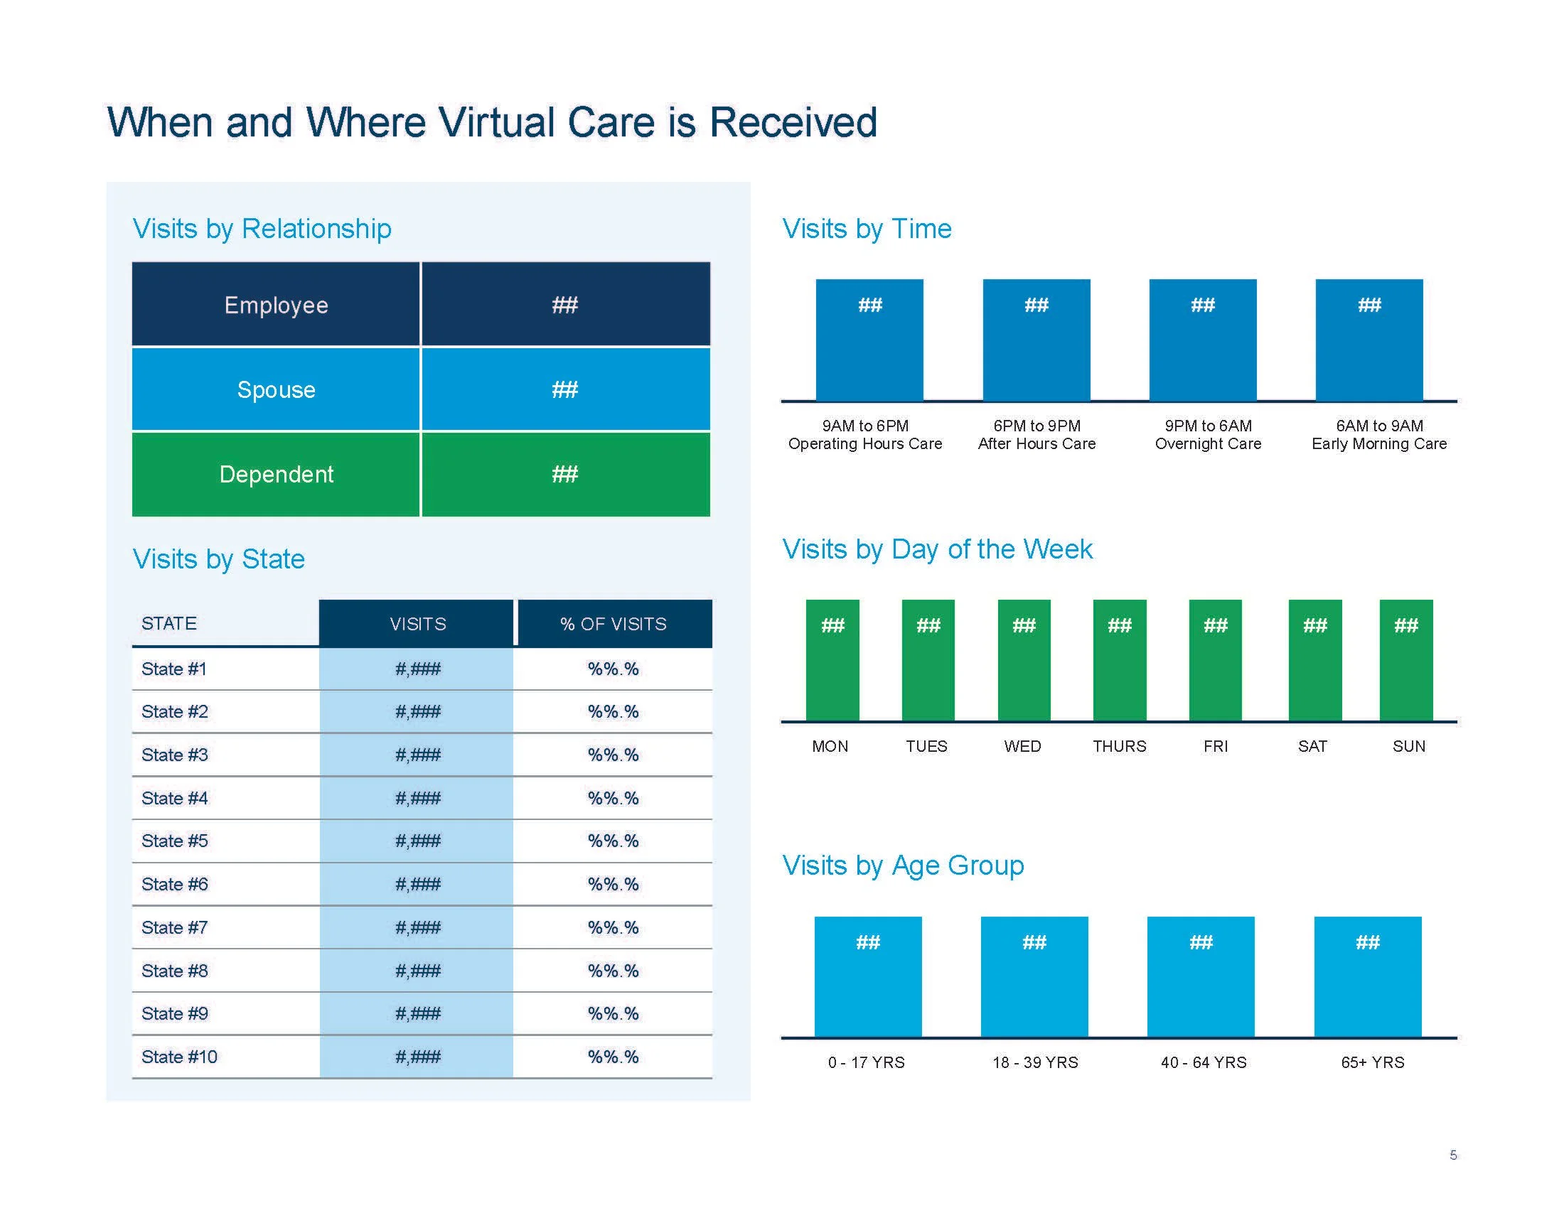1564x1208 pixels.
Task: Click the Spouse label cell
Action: pos(276,389)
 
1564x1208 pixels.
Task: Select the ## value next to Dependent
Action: pos(565,474)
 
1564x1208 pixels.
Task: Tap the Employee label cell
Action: pos(276,305)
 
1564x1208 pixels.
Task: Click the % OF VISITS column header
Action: pos(614,623)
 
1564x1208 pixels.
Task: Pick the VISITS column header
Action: pos(417,623)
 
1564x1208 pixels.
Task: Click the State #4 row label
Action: pos(175,798)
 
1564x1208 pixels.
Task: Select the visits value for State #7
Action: pos(417,927)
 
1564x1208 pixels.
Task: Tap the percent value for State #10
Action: pos(613,1056)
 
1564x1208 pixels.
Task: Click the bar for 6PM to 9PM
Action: pos(1037,340)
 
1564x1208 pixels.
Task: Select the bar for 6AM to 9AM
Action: pos(1369,340)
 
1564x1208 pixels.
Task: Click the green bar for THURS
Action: pos(1119,660)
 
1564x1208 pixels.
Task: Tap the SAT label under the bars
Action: pos(1312,746)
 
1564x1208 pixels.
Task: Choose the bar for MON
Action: pos(832,660)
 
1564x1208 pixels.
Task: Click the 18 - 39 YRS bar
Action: pos(1034,976)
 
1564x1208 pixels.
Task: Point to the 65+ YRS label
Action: pos(1372,1062)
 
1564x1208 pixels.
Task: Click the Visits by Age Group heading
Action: pos(903,865)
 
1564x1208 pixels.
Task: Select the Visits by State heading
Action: pos(218,559)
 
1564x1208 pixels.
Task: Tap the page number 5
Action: pos(1453,1155)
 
